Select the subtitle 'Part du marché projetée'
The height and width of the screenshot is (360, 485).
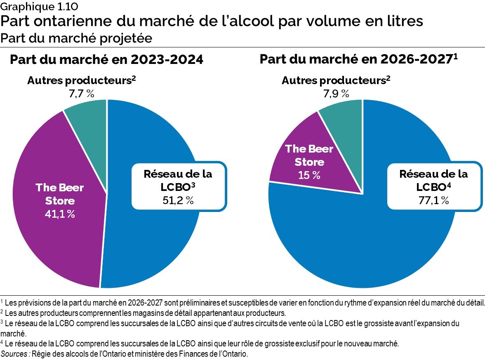click(76, 38)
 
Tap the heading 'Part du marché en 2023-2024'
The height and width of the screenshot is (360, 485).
click(106, 59)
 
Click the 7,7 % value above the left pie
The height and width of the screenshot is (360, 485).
click(81, 93)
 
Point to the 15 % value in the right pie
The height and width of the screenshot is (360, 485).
click(309, 174)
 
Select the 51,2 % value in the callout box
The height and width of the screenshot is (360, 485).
click(178, 200)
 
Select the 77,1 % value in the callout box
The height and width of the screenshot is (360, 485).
click(433, 200)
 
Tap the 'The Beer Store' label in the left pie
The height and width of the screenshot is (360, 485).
click(60, 194)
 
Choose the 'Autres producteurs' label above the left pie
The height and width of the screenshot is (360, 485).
click(81, 80)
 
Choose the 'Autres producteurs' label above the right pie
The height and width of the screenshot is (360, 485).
click(335, 80)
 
